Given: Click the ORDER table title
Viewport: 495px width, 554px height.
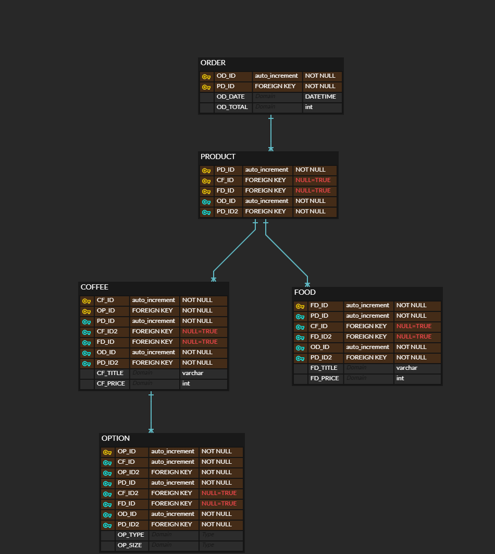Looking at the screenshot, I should tap(213, 63).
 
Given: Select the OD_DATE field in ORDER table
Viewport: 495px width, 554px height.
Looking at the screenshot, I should tap(230, 97).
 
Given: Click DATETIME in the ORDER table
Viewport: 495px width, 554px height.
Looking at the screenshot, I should tap(320, 97).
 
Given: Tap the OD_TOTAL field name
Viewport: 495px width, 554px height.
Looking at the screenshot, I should tap(232, 107).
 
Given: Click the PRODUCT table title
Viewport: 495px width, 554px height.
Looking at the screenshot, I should tap(218, 157).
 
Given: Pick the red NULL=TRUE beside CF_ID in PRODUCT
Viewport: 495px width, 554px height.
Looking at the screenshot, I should tap(313, 180).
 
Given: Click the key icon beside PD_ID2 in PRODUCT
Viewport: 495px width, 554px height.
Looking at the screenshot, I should tap(206, 212).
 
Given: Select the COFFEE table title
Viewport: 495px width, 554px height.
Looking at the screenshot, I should tap(94, 287).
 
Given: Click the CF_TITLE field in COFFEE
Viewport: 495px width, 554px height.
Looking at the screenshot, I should tap(110, 373).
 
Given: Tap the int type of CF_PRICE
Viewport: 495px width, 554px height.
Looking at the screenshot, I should tap(186, 383).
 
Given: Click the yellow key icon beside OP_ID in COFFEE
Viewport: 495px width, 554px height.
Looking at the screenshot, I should tap(86, 311).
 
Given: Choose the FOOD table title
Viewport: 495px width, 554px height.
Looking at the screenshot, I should tap(305, 293).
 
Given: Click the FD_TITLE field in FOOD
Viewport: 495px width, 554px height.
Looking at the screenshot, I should tap(324, 368).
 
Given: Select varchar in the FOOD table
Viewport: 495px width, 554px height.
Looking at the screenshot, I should tap(406, 368).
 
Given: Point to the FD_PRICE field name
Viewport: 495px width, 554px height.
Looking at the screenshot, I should tap(325, 378).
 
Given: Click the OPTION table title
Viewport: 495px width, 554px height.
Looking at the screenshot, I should tap(116, 439).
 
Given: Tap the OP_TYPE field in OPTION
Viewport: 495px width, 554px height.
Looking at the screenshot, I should tap(130, 535).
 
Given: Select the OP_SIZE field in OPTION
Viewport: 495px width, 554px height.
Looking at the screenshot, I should tap(129, 545).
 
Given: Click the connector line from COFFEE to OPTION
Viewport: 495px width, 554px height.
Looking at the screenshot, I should tap(151, 412).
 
